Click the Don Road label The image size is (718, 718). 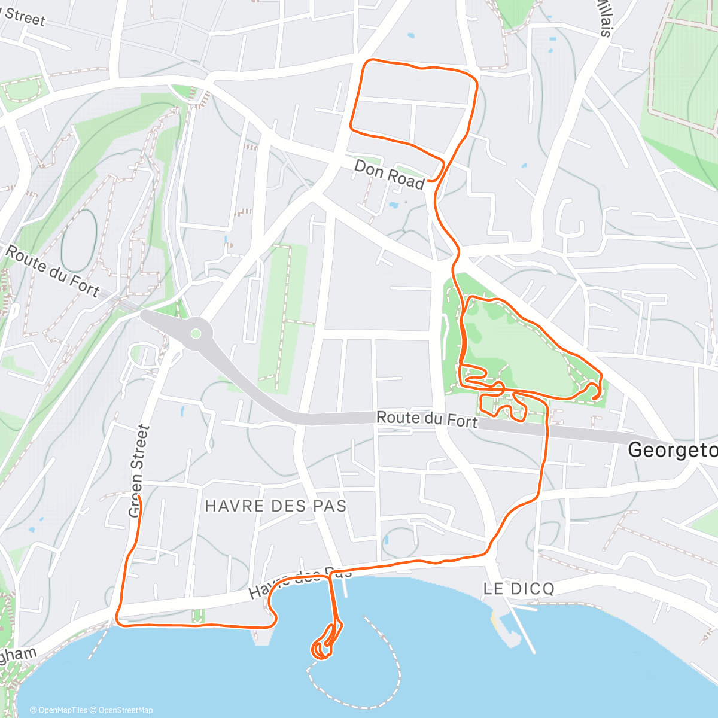(x=389, y=174)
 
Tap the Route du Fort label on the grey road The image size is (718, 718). (x=427, y=419)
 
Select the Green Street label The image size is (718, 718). (x=138, y=471)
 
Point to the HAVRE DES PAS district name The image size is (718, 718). (x=276, y=506)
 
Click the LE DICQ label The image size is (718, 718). (x=519, y=589)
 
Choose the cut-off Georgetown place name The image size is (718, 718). (x=672, y=450)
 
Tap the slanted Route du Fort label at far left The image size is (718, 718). (x=52, y=271)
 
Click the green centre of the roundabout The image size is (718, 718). (x=195, y=334)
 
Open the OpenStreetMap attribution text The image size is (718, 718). (x=125, y=710)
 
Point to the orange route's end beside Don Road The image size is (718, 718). (x=429, y=180)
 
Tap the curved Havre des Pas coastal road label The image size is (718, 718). (x=299, y=581)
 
